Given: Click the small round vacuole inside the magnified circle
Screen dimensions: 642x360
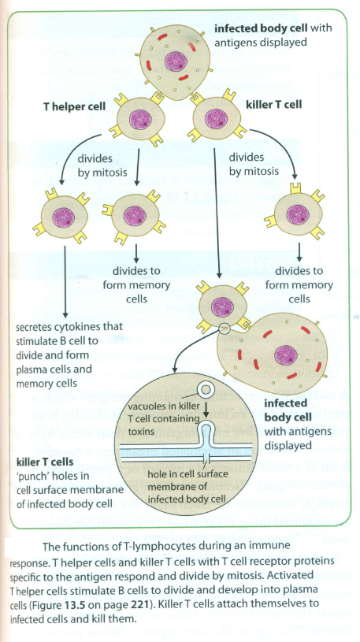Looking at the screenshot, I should coord(207,390).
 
